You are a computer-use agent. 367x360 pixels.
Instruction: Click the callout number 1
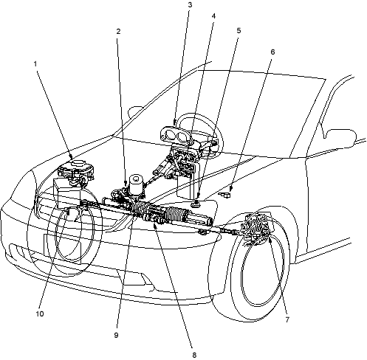coord(35,64)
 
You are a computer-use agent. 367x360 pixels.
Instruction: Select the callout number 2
coord(118,32)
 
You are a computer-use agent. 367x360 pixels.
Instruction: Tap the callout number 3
coord(190,5)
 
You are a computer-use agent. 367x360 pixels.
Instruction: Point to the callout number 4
coord(213,16)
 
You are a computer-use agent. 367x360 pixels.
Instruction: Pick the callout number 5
coord(239,30)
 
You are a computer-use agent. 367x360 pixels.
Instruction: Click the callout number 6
coord(272,52)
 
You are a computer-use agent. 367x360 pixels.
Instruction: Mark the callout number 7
coord(287,319)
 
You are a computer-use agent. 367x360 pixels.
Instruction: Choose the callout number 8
coord(194,355)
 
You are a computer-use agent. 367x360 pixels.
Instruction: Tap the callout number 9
coord(116,335)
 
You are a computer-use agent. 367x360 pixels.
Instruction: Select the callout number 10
coord(40,314)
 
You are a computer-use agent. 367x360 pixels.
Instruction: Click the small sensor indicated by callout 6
coord(225,195)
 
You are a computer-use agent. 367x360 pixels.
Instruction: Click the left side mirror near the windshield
coord(135,112)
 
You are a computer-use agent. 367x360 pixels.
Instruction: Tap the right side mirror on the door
coord(340,138)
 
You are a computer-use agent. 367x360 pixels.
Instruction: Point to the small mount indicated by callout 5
coord(196,204)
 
